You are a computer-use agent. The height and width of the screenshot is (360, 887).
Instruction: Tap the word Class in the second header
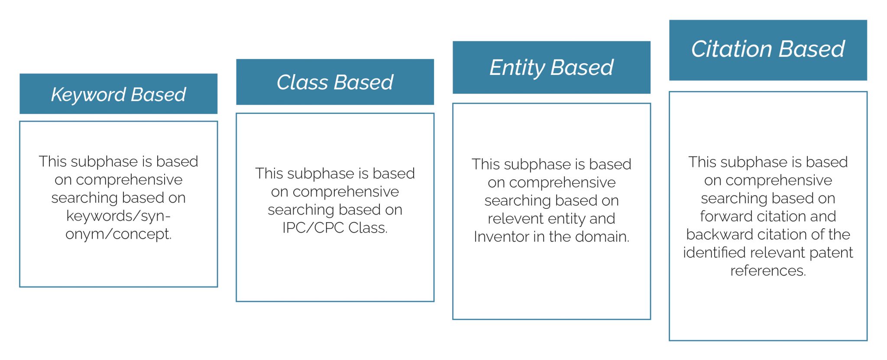point(302,82)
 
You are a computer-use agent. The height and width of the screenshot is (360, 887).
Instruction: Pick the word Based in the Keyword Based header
point(159,94)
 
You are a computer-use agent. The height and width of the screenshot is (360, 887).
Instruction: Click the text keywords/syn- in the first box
point(118,216)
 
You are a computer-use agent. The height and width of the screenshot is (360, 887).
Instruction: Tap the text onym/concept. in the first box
point(119,234)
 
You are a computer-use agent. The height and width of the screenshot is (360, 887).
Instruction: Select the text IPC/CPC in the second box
point(313,227)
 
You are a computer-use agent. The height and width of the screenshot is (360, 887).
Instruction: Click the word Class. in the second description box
point(368,227)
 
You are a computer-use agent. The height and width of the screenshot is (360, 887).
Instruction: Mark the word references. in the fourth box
point(768,271)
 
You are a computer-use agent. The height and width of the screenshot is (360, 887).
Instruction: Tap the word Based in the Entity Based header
point(583,68)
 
